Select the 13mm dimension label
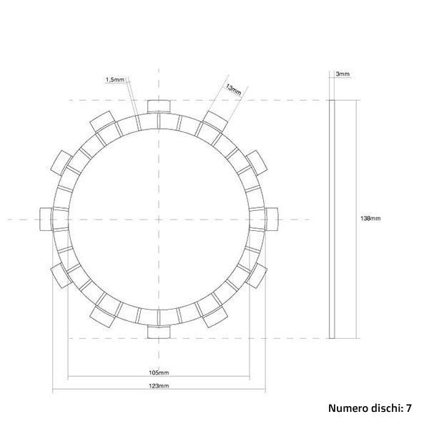click(x=232, y=89)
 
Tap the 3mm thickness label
click(x=342, y=74)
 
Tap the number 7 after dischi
click(x=408, y=409)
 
